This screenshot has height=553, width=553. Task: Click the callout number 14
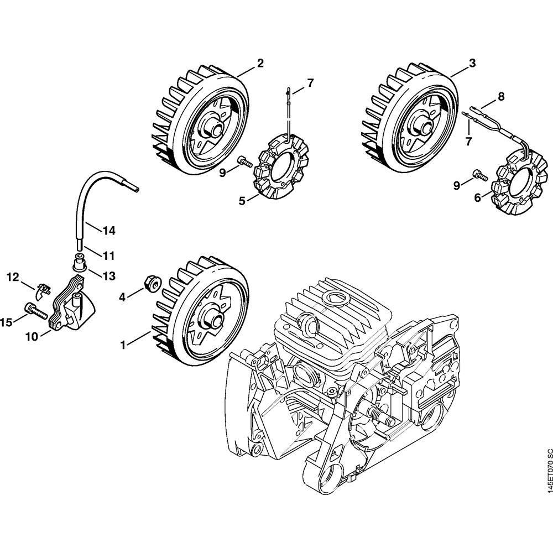(x=109, y=229)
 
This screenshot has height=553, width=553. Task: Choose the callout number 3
(x=472, y=64)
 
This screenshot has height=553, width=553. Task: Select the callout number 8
(x=500, y=97)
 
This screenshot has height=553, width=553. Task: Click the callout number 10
(x=31, y=336)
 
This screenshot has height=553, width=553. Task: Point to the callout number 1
(x=123, y=345)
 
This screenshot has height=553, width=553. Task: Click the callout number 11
(x=108, y=255)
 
